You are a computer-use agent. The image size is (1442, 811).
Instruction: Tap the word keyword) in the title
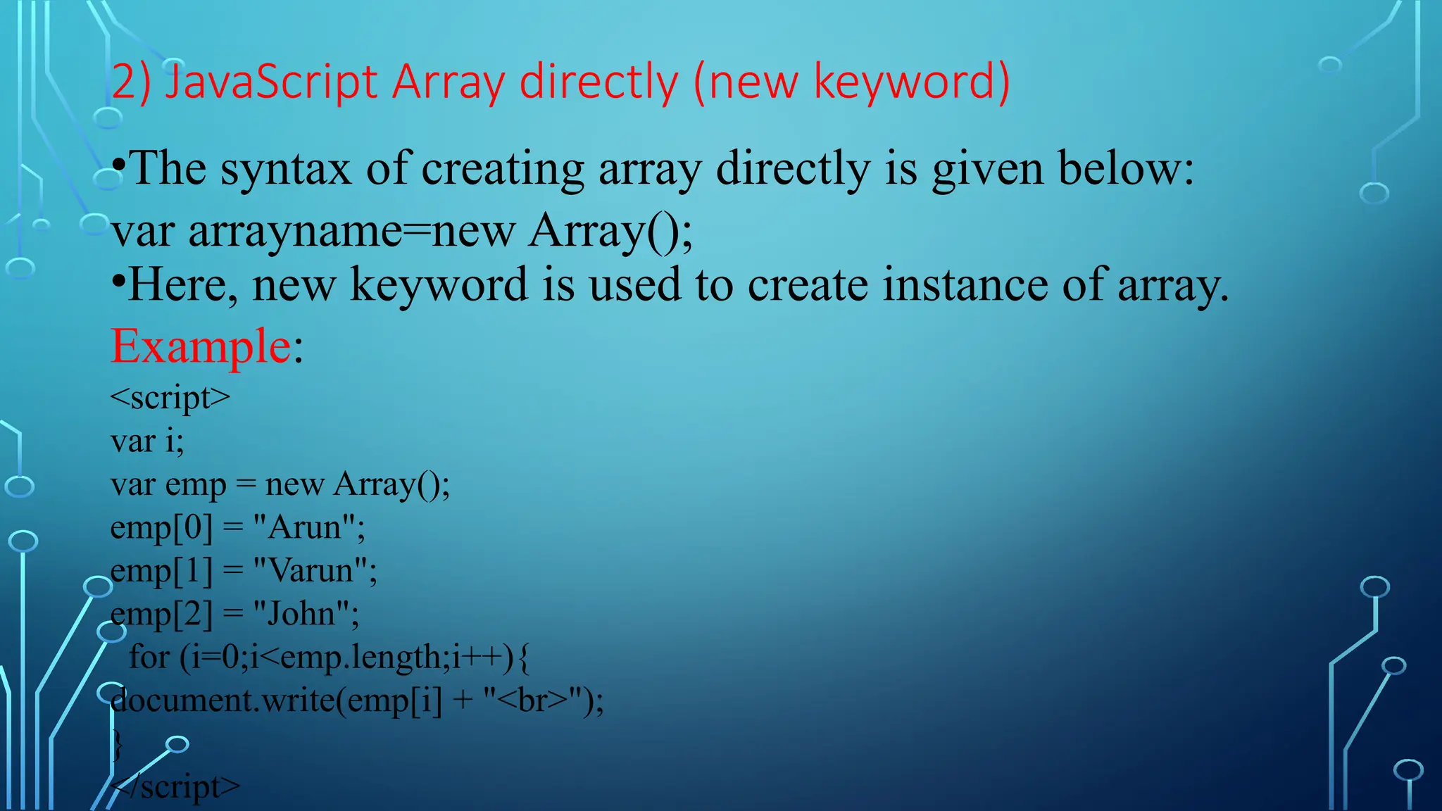pos(912,82)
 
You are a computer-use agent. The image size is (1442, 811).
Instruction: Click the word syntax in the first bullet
pos(285,169)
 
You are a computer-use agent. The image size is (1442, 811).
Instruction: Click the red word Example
pos(201,346)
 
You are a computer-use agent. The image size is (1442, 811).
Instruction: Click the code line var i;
pos(147,441)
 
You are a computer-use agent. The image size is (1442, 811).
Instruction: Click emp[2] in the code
pos(161,615)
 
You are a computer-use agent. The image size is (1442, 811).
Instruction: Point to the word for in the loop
pos(149,658)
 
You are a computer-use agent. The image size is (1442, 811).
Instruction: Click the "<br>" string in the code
pos(535,700)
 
